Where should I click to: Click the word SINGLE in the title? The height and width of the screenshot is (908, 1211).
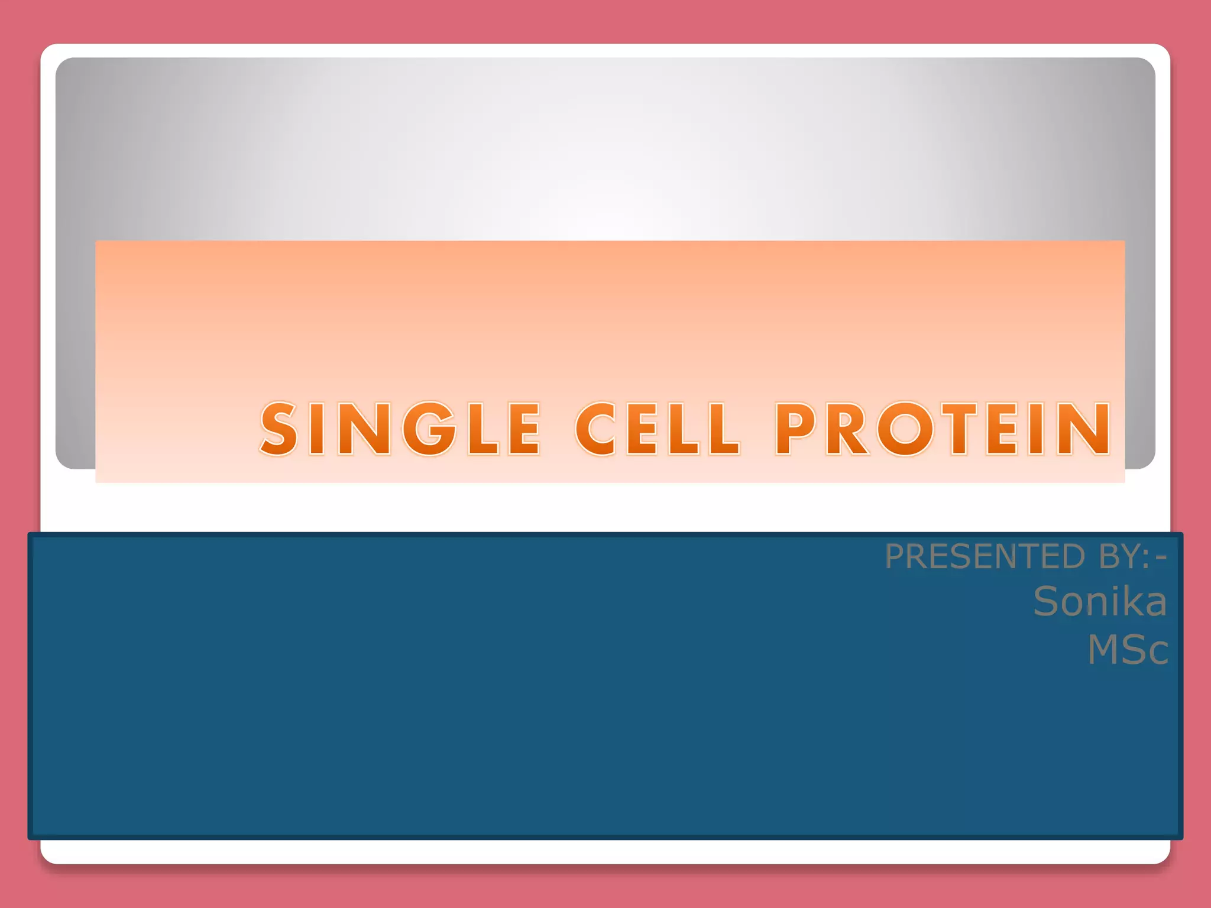coord(400,429)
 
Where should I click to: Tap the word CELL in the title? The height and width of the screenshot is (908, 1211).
coord(657,429)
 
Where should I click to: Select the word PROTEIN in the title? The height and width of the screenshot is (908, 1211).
coord(943,429)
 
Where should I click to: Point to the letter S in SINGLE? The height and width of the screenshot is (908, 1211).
coord(279,429)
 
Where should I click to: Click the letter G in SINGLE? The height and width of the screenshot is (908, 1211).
coord(430,429)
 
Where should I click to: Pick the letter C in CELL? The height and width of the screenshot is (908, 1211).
coord(596,429)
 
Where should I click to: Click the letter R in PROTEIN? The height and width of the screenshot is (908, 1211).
coord(847,429)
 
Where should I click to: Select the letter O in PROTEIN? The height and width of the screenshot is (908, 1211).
coord(905,429)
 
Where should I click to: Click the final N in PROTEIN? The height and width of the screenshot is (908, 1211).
coord(1085,429)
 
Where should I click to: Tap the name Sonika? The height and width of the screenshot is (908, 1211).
coord(1100,602)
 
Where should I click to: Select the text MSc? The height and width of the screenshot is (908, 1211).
coord(1127,650)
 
